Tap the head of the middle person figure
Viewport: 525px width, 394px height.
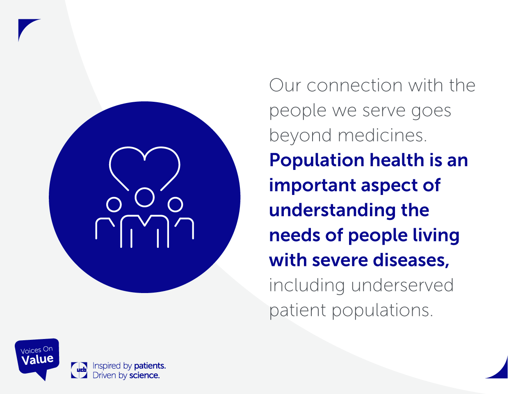tap(144, 188)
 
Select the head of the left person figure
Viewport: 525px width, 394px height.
tap(114, 197)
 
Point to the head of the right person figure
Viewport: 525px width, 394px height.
tap(175, 197)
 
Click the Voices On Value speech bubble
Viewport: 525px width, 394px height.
tap(37, 357)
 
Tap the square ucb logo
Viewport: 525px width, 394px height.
tap(79, 370)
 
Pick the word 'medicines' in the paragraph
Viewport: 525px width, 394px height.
tap(382, 135)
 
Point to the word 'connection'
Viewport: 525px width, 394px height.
tap(354, 86)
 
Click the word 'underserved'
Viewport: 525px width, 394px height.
tap(402, 285)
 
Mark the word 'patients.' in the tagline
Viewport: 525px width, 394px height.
tap(150, 366)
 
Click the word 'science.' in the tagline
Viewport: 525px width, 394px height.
tap(144, 376)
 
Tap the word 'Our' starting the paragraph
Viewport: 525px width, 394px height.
tap(285, 85)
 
